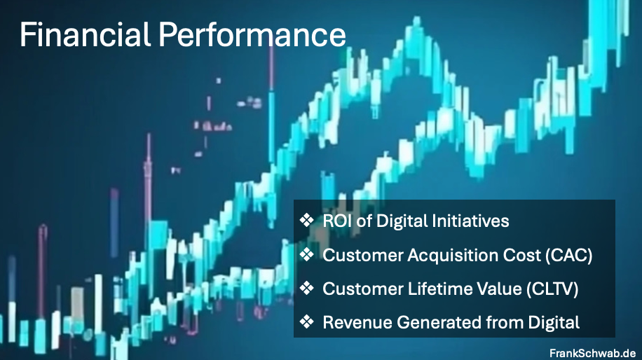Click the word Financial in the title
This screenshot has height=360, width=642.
coord(86,34)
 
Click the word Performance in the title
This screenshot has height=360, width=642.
coord(252,34)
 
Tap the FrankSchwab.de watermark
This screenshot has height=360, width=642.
coord(592,352)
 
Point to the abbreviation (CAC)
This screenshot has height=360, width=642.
coord(568,255)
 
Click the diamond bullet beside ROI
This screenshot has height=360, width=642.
coord(306,221)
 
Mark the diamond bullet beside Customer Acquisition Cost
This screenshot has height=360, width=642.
coord(306,254)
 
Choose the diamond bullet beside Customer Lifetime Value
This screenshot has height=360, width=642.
coord(306,288)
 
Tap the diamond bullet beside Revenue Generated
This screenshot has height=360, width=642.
coord(306,321)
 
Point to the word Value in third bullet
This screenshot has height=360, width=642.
coord(500,289)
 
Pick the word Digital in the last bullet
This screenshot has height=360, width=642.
coord(554,323)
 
